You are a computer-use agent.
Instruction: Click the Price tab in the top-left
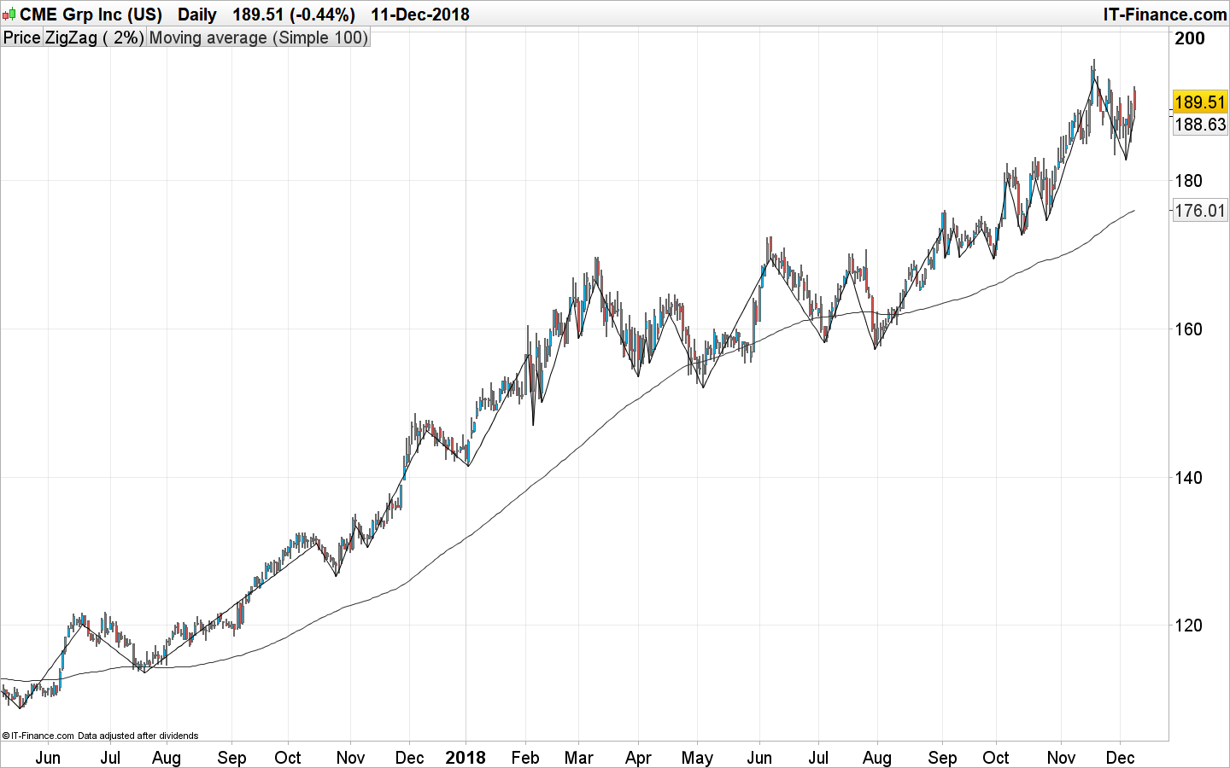[x=21, y=38]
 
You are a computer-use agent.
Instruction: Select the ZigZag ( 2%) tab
[x=94, y=38]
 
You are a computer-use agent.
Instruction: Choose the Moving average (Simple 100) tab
[x=258, y=38]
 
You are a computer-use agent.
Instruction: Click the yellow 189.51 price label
[x=1199, y=102]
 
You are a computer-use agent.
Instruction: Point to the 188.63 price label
[x=1199, y=125]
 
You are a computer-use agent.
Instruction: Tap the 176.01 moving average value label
[x=1199, y=211]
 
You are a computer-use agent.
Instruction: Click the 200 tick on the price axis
[x=1190, y=38]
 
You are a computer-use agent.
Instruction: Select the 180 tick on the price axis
[x=1188, y=181]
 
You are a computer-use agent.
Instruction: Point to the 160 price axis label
[x=1188, y=329]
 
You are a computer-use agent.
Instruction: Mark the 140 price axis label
[x=1188, y=478]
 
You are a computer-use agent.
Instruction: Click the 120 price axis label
[x=1188, y=625]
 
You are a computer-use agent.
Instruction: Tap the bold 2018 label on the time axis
[x=466, y=758]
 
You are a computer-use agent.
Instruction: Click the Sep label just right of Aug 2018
[x=942, y=758]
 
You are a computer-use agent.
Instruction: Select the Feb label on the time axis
[x=525, y=758]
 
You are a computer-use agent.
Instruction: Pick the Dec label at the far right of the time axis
[x=1120, y=758]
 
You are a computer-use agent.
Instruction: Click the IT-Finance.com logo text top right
[x=1164, y=15]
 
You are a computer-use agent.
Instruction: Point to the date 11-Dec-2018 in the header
[x=419, y=15]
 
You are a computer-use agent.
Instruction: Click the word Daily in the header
[x=196, y=15]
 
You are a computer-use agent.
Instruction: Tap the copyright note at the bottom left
[x=101, y=736]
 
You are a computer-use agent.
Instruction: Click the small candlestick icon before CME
[x=9, y=15]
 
